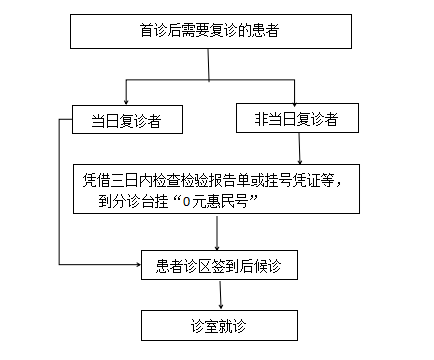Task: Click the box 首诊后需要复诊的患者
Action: pyautogui.click(x=209, y=32)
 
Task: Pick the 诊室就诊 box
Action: pyautogui.click(x=219, y=325)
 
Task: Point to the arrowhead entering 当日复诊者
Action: pyautogui.click(x=125, y=100)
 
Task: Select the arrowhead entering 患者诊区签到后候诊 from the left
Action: pyautogui.click(x=137, y=265)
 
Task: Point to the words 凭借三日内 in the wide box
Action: pyautogui.click(x=113, y=180)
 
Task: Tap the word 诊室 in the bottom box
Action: pyautogui.click(x=205, y=325)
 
